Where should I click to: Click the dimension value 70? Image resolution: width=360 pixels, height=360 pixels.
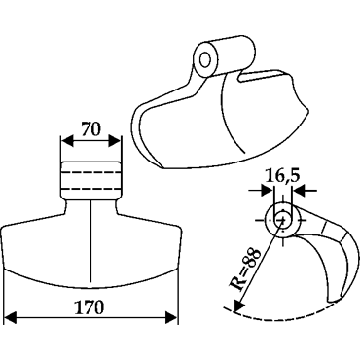pos(90,129)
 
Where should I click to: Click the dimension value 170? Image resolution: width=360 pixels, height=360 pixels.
pos(90,307)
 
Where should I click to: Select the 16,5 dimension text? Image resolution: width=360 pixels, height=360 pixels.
pos(282,177)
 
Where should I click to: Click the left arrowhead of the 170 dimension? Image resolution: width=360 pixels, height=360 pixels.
pos(11,318)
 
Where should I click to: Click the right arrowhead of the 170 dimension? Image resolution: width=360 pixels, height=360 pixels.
pos(171,318)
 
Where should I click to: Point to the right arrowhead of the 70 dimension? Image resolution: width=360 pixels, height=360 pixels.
pos(114,141)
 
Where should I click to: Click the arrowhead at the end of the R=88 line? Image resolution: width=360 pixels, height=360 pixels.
pos(238,305)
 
